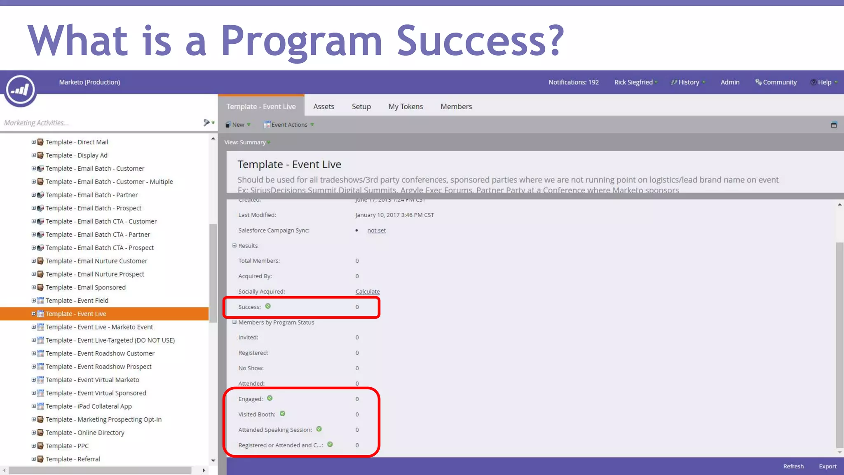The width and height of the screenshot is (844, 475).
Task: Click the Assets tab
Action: (324, 106)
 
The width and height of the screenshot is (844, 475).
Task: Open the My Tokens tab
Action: (406, 106)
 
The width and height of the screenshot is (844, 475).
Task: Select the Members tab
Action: (456, 106)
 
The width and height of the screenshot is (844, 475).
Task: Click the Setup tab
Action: (361, 106)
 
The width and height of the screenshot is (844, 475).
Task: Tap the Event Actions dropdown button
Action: (289, 125)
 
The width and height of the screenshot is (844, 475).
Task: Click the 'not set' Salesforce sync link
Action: (376, 230)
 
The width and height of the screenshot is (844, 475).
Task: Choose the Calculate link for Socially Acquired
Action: (368, 292)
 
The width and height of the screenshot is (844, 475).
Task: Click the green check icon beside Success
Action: (268, 306)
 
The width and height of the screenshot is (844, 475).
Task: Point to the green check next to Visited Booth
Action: (282, 414)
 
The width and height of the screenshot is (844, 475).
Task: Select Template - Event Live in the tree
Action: (76, 314)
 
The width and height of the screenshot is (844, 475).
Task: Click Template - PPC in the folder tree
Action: (67, 446)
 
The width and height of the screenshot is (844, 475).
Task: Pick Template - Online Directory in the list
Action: (84, 433)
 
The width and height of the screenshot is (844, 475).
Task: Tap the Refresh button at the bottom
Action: (793, 466)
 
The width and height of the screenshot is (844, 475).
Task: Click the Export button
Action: (828, 466)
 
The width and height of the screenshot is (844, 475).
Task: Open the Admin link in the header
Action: (730, 82)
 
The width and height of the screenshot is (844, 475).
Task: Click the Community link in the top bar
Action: (779, 82)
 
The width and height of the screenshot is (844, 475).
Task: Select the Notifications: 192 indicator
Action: (573, 82)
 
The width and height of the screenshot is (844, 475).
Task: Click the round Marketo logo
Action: (20, 89)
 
